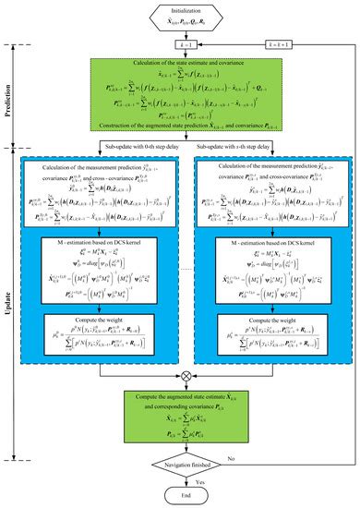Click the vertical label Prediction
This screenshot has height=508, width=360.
(x=12, y=99)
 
